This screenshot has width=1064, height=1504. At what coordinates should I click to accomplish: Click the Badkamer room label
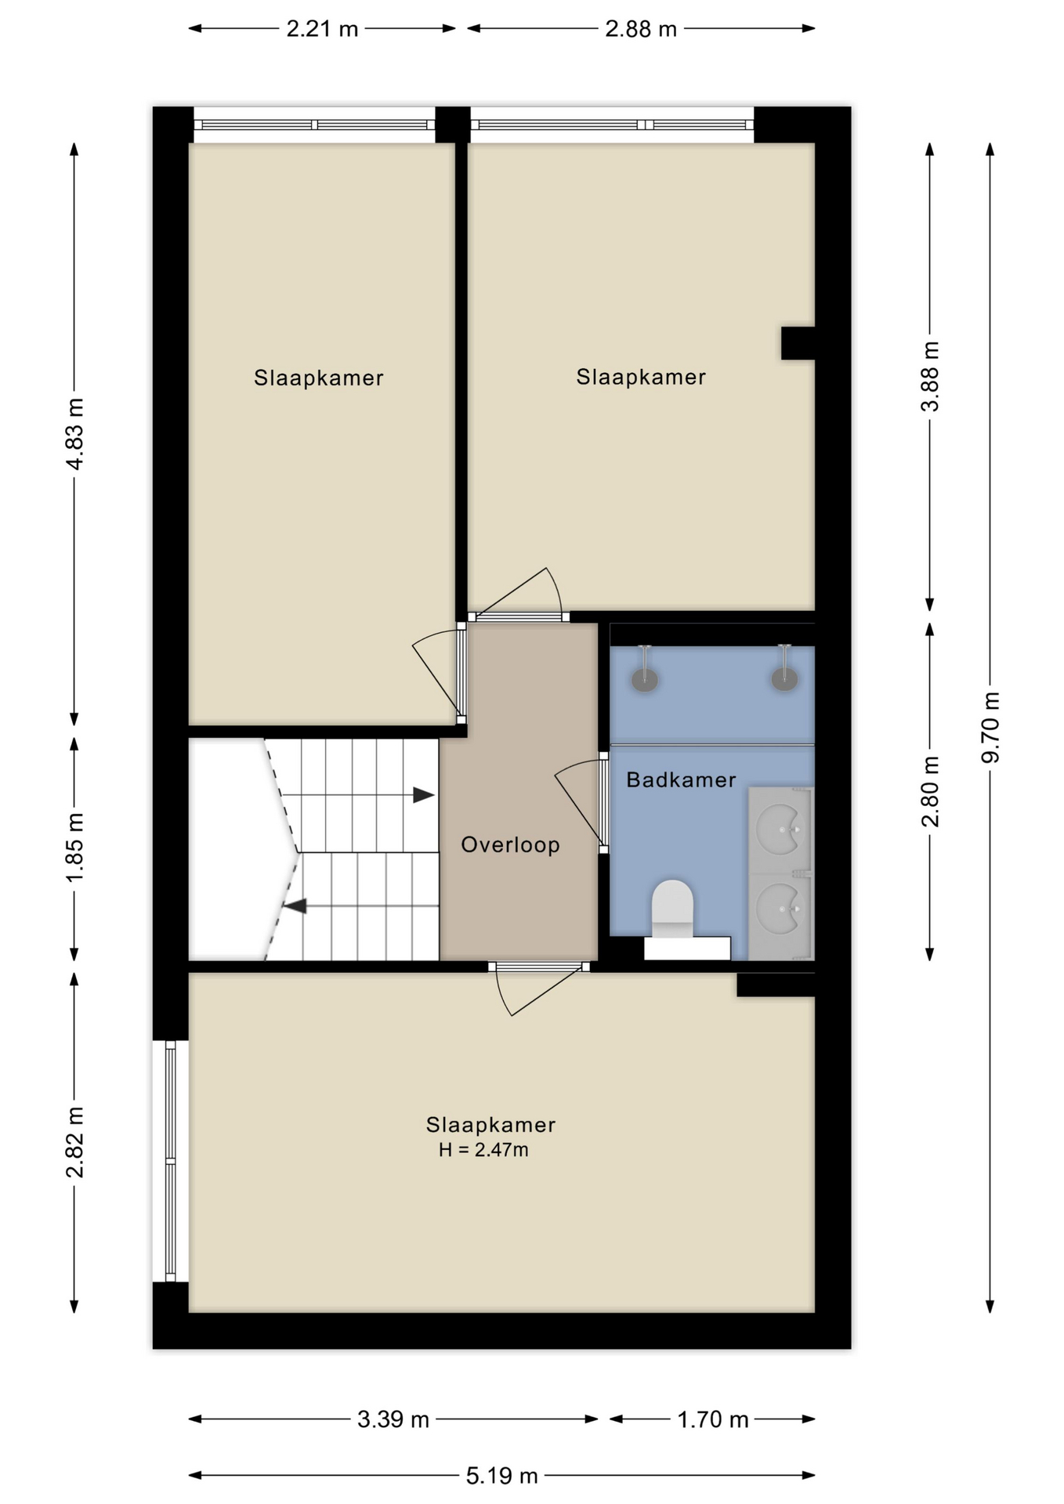681,779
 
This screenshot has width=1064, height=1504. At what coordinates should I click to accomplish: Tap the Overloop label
510,844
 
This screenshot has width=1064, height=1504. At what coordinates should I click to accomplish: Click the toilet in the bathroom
672,909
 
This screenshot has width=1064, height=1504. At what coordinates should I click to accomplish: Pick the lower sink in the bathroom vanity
780,909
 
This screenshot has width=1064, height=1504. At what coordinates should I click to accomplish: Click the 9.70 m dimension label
990,727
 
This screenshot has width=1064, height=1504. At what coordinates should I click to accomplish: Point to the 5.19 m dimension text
501,1476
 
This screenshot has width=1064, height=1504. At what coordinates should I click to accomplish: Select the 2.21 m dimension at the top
322,29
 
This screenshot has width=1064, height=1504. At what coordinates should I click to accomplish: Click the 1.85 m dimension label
74,847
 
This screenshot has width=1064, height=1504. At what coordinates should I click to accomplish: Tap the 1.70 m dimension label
713,1419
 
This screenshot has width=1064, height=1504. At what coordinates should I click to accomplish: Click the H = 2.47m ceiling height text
483,1150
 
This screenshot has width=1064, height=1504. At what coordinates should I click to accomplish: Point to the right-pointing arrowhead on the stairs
424,795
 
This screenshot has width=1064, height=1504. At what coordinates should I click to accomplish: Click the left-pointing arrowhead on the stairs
295,906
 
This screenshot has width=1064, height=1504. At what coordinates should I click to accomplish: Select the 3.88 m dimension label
930,376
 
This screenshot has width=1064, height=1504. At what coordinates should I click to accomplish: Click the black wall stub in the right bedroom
798,343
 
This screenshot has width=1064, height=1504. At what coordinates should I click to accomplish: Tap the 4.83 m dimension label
74,433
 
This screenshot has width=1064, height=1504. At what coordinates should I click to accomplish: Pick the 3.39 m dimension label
393,1419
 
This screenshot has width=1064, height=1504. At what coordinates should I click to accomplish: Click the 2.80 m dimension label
930,791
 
